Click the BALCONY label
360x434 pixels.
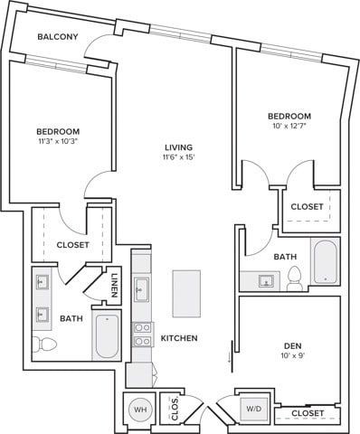pyautogui.click(x=57, y=37)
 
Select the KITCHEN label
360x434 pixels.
pyautogui.click(x=179, y=338)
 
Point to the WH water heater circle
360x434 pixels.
pyautogui.click(x=141, y=410)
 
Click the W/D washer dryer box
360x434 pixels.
pyautogui.click(x=252, y=409)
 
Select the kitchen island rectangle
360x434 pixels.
pyautogui.click(x=186, y=293)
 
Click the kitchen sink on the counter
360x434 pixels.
pyautogui.click(x=142, y=290)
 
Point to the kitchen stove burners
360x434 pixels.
pyautogui.click(x=142, y=335)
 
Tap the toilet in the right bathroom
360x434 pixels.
pyautogui.click(x=294, y=282)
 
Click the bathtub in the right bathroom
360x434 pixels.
pyautogui.click(x=325, y=261)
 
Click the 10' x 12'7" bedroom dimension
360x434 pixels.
pyautogui.click(x=289, y=127)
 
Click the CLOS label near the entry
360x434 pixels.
pyautogui.click(x=174, y=410)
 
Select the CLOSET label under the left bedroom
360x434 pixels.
pyautogui.click(x=72, y=245)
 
